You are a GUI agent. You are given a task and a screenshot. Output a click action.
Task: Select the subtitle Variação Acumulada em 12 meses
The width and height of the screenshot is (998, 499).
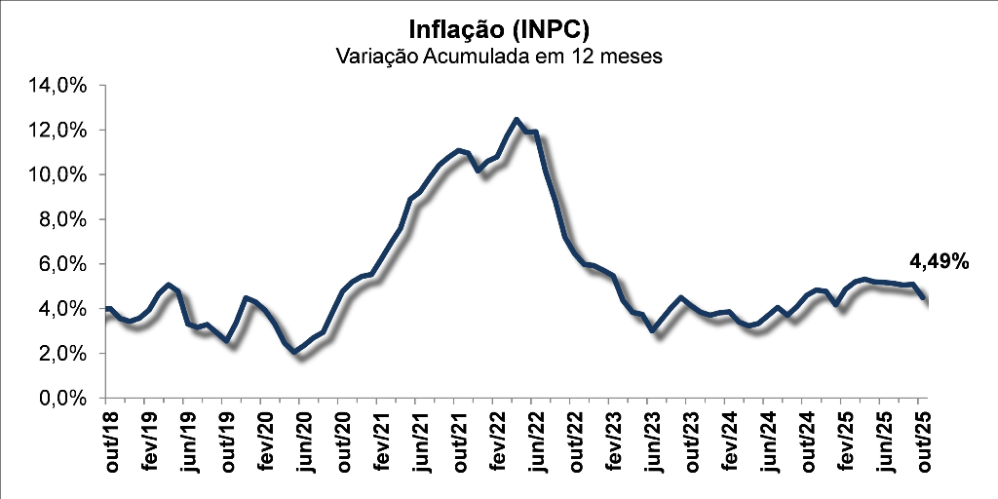coord(498,57)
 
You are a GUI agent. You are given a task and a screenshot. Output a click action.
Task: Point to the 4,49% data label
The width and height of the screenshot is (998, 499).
coord(939,261)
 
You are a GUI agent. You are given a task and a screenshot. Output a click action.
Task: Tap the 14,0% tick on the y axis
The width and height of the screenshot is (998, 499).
coord(61,86)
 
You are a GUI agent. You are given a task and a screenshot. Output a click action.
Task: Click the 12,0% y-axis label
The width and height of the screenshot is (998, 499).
coord(61,131)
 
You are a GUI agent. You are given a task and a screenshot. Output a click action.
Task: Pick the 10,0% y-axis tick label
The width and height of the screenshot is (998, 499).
coord(61,175)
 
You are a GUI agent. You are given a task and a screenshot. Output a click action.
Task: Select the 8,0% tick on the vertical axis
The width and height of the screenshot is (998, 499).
coord(65,220)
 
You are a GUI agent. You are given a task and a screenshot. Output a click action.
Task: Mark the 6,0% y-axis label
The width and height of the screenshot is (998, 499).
coord(65,265)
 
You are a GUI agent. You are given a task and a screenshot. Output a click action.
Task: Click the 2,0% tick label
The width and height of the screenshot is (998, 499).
coord(65,355)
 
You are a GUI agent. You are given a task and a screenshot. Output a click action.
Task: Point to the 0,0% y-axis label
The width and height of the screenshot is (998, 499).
coord(65,400)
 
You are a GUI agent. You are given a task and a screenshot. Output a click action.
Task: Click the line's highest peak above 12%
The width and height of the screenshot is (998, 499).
coord(517,120)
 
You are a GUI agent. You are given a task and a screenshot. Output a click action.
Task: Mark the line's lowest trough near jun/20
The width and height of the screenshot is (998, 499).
coord(297,353)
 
